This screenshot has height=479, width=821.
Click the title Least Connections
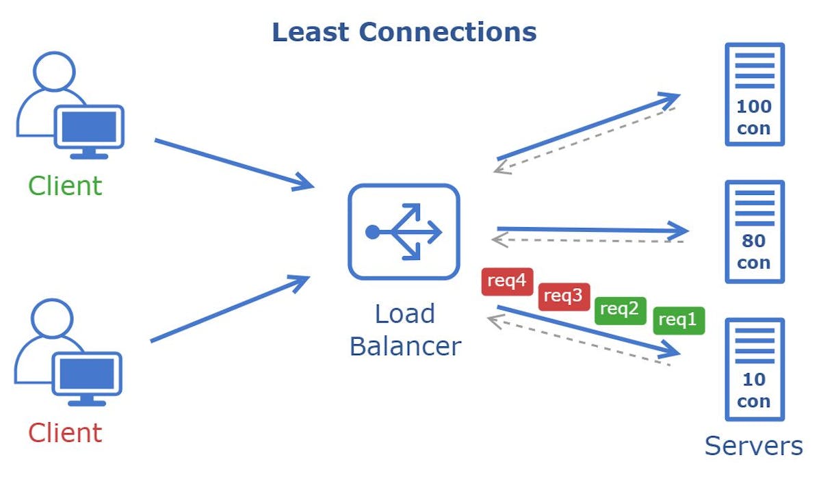pos(404,32)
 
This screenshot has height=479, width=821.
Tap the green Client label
pos(65,186)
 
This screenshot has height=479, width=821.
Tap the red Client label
pos(65,433)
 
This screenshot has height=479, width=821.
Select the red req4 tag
pos(507,281)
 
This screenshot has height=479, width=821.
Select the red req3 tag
pos(564,296)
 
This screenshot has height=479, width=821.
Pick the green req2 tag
pos(620,309)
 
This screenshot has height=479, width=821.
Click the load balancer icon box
pos(403,232)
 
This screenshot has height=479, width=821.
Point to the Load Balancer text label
pos(405,330)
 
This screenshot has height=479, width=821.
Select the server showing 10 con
pos(754,369)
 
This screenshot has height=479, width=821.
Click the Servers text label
pos(753,446)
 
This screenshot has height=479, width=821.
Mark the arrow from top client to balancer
pos(233,164)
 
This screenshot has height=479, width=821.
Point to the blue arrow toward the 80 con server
pos(592,230)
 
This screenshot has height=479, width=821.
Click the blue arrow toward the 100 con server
pos(588,127)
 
